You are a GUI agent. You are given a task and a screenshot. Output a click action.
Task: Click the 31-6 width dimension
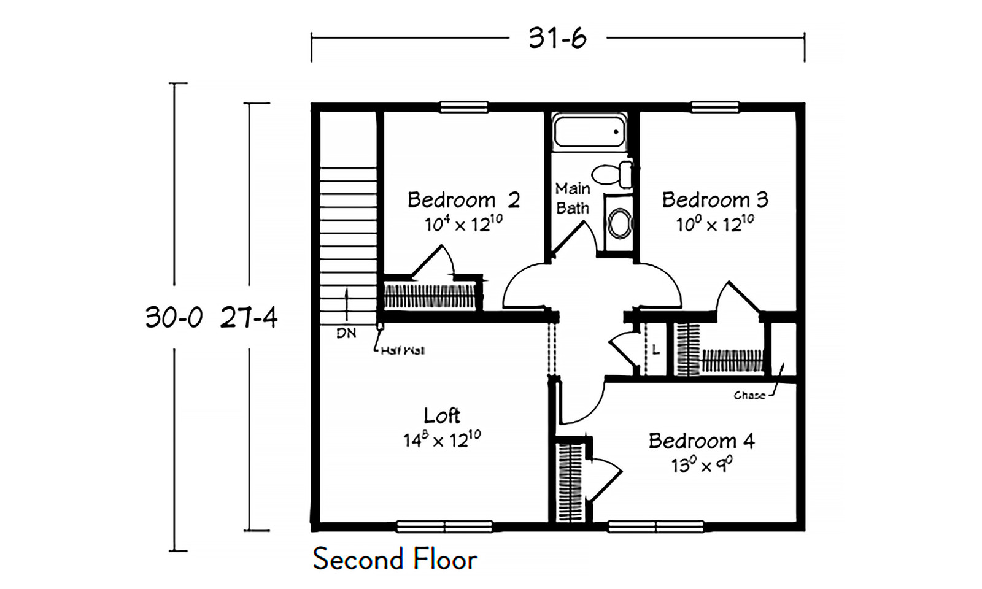pos(557,39)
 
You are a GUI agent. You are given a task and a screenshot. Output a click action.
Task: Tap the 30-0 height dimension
pos(174,317)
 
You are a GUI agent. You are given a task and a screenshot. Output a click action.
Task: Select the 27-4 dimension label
pos(249,317)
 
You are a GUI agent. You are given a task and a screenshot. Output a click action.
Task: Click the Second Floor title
pos(395,559)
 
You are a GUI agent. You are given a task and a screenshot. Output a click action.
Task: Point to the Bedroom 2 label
pos(463,200)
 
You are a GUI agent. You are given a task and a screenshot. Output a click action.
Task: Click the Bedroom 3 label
pos(714,200)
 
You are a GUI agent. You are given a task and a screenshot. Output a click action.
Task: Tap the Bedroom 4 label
pos(701,441)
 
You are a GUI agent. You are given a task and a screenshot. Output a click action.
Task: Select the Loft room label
pos(441,415)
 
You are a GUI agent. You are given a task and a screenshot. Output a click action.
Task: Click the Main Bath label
pos(572,198)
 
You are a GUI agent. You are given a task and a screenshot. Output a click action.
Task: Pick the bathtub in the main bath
pos(589,131)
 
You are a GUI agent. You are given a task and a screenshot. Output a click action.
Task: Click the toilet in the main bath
pos(614,174)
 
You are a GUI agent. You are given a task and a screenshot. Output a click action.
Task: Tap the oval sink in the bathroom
pos(621,224)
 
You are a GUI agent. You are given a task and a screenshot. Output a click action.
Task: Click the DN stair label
pos(346,334)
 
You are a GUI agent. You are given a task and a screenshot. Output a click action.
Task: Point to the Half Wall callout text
pos(402,351)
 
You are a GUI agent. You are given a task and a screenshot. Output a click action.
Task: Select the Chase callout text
pos(749,396)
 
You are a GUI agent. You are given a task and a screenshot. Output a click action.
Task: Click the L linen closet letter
pos(655,350)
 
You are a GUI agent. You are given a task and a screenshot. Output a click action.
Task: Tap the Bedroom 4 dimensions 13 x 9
pos(701,465)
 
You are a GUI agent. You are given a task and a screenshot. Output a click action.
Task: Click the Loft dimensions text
pos(441,439)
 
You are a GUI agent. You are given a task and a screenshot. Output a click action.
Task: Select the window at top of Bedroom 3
pos(715,107)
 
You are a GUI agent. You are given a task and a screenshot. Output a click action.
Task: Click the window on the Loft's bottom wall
pos(444,526)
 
